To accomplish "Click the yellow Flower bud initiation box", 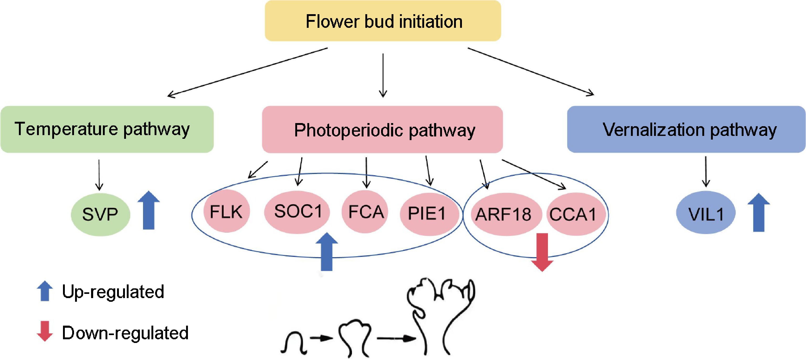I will click(x=383, y=21).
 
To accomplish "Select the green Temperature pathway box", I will click(x=107, y=129).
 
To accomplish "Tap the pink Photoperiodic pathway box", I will click(x=382, y=129).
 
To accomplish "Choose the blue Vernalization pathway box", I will click(x=686, y=129).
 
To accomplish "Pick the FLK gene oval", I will click(x=226, y=211).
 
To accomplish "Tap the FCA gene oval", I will click(x=365, y=212).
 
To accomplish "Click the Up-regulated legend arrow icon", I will click(x=45, y=291).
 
